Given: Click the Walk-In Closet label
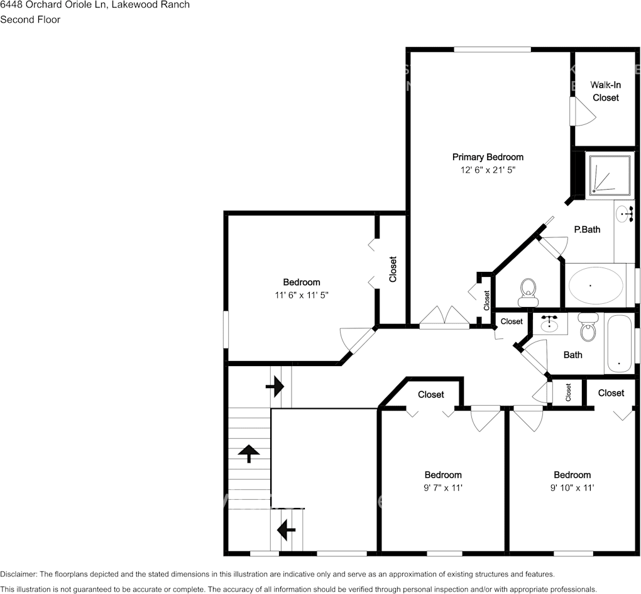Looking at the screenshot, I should pyautogui.click(x=605, y=91).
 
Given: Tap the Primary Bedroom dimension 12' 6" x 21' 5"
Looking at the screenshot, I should pyautogui.click(x=488, y=170).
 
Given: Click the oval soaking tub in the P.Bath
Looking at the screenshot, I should pyautogui.click(x=596, y=286).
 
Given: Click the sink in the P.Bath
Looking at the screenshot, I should pyautogui.click(x=625, y=214).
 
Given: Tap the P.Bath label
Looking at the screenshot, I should pyautogui.click(x=587, y=229).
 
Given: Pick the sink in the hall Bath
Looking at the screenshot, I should pyautogui.click(x=551, y=323).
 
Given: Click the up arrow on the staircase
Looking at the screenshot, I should pyautogui.click(x=249, y=452).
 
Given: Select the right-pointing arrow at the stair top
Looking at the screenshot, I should pyautogui.click(x=275, y=387).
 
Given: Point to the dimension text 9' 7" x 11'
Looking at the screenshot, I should pyautogui.click(x=443, y=487).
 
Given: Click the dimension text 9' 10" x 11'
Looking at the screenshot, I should pyautogui.click(x=572, y=487).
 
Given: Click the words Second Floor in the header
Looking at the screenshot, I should pyautogui.click(x=30, y=19).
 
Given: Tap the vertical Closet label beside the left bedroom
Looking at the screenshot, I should pyautogui.click(x=393, y=269).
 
